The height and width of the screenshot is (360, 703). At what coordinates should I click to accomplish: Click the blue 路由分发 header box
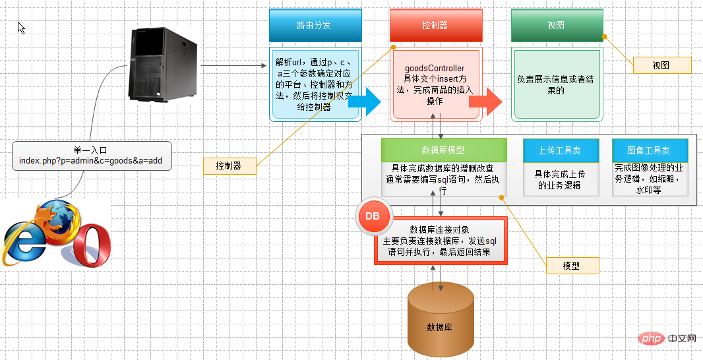315,26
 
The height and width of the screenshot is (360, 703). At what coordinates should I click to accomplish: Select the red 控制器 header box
436,26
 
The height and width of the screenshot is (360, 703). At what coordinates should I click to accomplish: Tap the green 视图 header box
557,26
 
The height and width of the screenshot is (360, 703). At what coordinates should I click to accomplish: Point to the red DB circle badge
372,216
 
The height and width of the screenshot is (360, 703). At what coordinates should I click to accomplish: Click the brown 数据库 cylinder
441,320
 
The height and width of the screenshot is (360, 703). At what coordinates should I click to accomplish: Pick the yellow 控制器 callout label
229,166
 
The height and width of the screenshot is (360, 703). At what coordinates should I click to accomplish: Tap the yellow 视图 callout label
662,65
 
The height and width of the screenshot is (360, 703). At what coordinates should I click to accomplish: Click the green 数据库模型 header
444,150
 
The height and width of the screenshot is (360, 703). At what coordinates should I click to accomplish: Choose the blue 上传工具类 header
561,150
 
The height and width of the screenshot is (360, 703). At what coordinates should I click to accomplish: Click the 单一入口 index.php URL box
92,156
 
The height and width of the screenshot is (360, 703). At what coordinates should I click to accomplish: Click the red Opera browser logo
92,245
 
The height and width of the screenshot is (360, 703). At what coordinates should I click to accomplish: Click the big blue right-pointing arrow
365,102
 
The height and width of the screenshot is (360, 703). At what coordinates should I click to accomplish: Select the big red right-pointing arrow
485,102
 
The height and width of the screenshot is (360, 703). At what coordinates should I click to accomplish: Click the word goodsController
435,69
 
